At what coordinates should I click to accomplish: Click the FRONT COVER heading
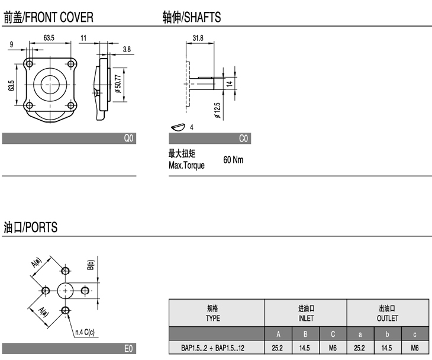(x=48, y=18)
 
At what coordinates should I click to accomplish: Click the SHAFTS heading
(x=192, y=18)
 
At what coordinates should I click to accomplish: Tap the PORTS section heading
(x=30, y=227)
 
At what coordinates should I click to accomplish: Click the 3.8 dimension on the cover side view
(x=127, y=50)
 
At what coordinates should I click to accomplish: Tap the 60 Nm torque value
(x=233, y=160)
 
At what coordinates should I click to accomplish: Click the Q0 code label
(x=129, y=139)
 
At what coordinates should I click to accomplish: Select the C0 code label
(x=243, y=139)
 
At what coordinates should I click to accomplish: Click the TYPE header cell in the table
(x=213, y=313)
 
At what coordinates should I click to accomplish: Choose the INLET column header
(x=305, y=313)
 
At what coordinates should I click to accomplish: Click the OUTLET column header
(x=388, y=313)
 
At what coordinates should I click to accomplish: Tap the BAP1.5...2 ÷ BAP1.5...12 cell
(x=213, y=348)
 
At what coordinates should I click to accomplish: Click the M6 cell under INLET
(x=333, y=348)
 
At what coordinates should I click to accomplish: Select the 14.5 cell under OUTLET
(x=387, y=348)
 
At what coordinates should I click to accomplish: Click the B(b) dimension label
(x=91, y=264)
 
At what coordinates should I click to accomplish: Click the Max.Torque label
(x=186, y=165)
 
